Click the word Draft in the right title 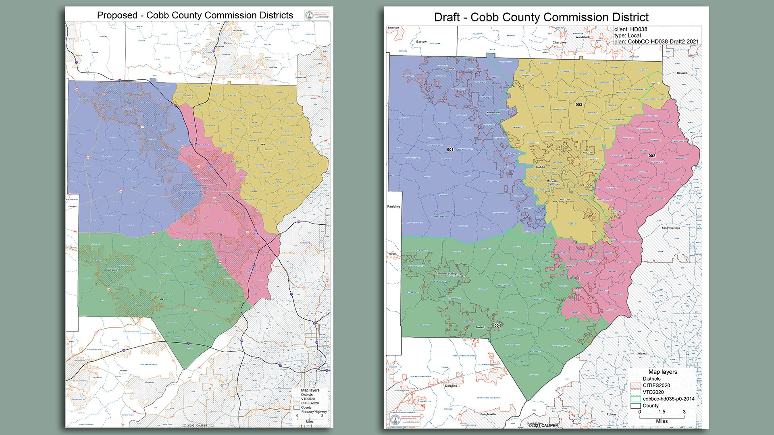tap(447, 18)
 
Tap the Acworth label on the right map tap(449, 69)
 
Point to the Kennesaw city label tap(493, 113)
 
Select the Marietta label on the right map tap(552, 181)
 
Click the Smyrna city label tap(574, 278)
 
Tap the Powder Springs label tap(447, 274)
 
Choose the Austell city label tap(480, 327)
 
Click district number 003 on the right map tap(578, 105)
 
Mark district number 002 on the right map tap(652, 156)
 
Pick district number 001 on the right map tap(450, 150)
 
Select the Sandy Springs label tap(671, 228)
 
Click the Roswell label tap(682, 73)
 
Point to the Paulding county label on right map tap(394, 207)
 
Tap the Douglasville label tap(488, 414)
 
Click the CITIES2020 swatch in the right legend tap(635, 385)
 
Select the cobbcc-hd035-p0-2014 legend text tap(669, 399)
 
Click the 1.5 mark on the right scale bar tap(662, 412)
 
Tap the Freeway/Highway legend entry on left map tap(314, 412)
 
